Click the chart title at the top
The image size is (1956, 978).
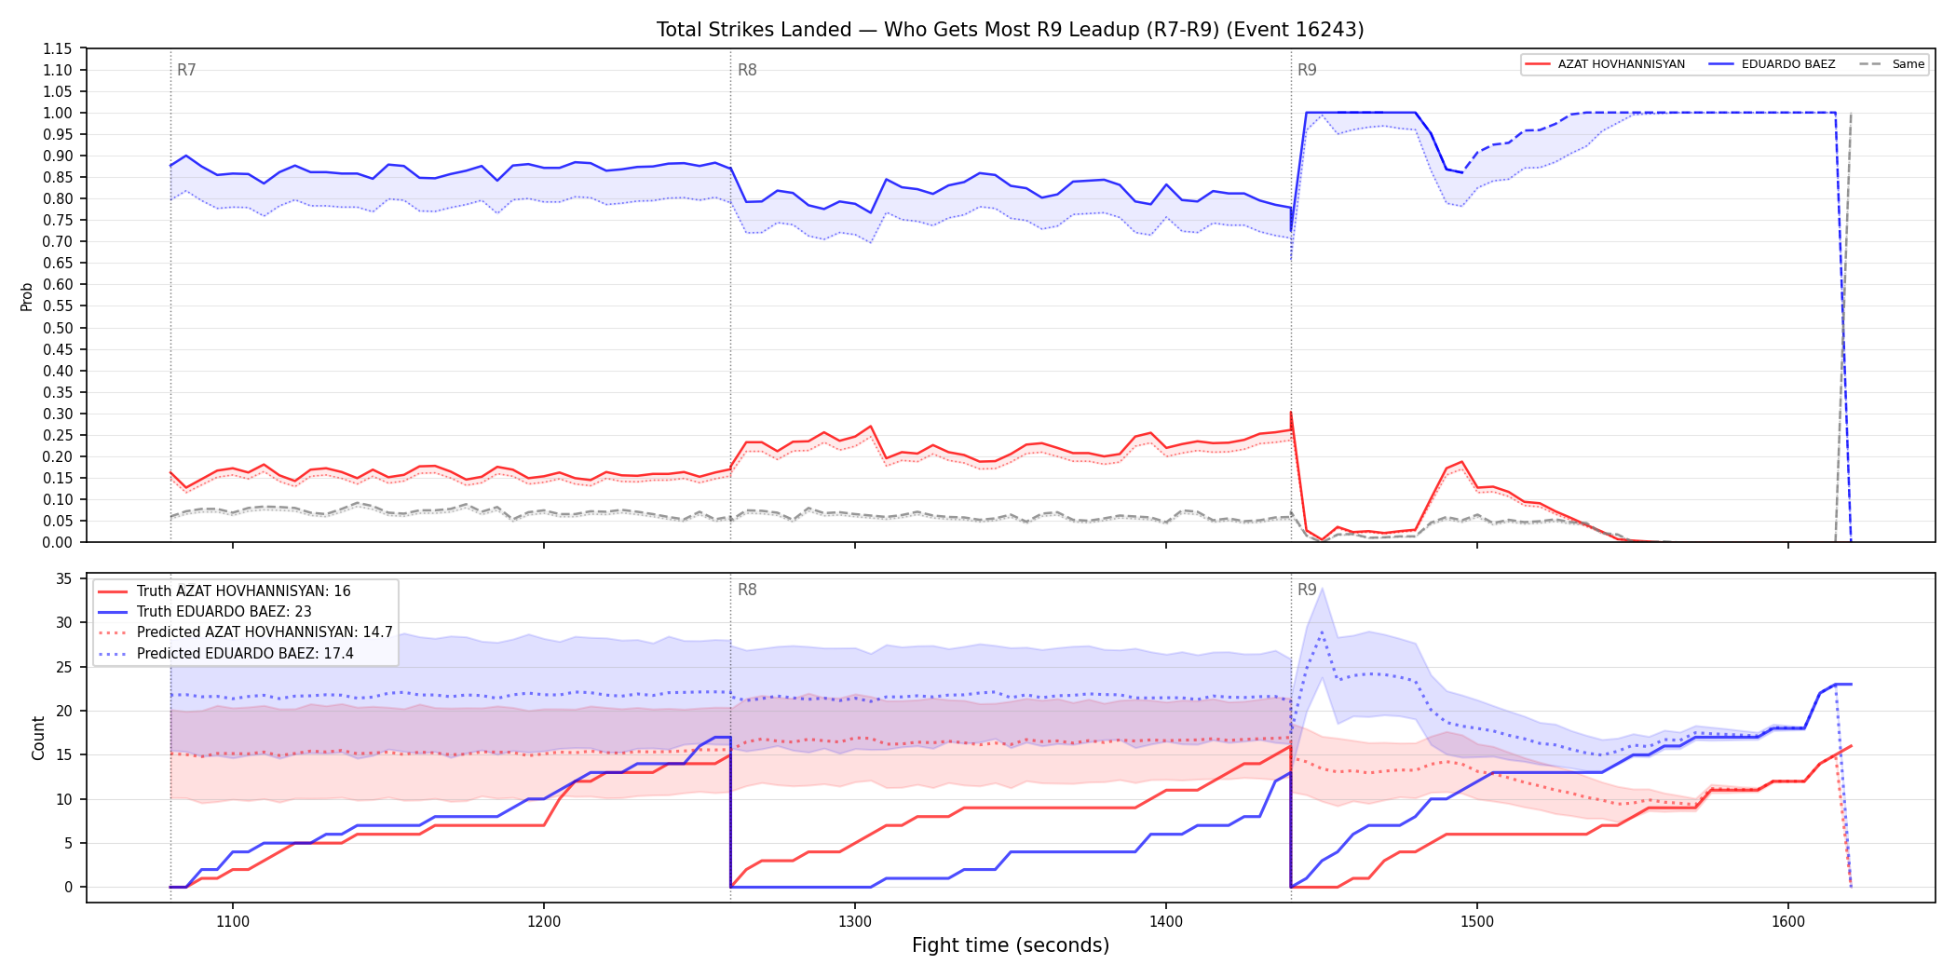1010,30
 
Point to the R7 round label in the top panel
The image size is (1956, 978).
186,70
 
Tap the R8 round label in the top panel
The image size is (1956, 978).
747,70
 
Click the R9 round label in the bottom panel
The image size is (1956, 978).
1307,590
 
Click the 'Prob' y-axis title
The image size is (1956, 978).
27,296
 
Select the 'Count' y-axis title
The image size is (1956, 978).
38,738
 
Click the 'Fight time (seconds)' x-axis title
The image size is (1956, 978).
1011,945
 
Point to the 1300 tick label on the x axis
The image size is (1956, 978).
855,922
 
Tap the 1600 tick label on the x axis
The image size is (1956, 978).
1788,922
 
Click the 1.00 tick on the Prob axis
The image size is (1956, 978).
58,113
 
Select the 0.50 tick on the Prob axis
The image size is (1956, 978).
58,328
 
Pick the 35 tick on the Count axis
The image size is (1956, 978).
64,578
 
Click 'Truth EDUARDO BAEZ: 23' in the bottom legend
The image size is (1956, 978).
224,612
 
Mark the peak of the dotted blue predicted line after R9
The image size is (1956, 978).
1322,632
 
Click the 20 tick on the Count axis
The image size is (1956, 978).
64,711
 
